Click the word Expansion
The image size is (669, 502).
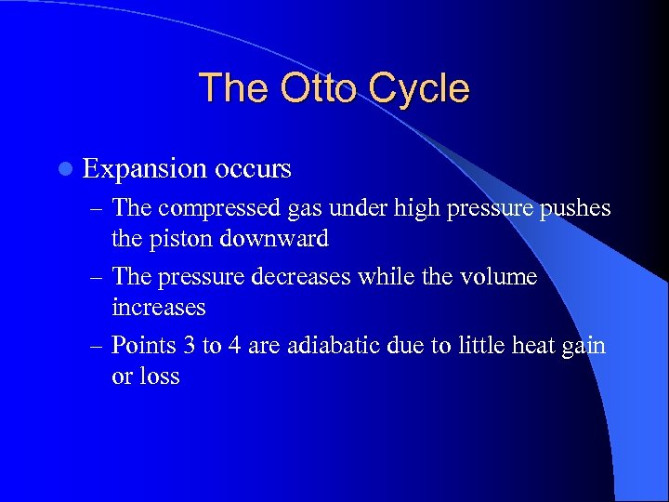144,169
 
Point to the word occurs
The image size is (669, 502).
253,168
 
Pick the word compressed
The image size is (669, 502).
217,208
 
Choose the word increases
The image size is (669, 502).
158,307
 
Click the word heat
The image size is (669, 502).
530,346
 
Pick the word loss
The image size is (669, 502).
159,376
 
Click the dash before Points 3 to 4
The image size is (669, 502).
97,346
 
